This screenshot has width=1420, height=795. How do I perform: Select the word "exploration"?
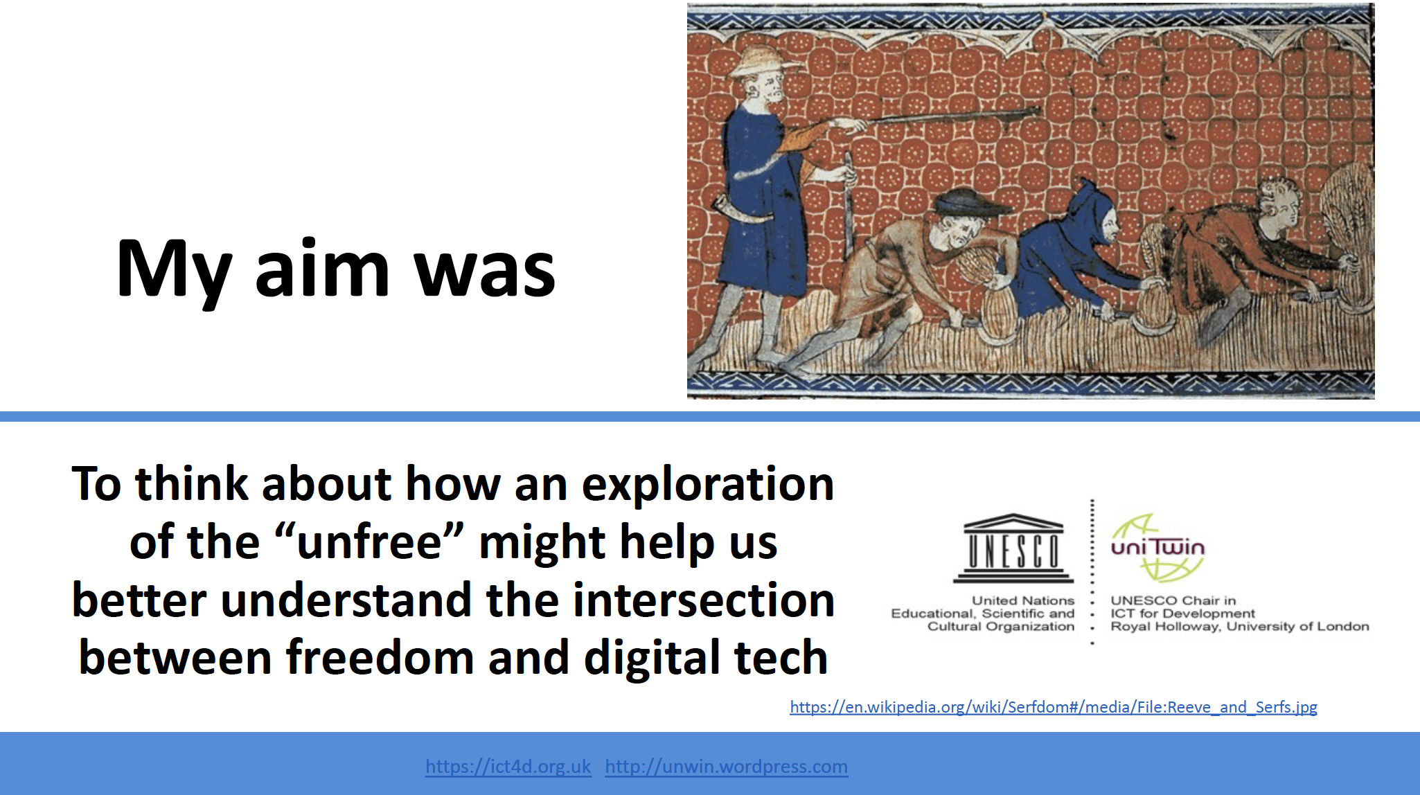click(707, 484)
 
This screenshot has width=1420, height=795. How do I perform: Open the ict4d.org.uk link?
click(508, 767)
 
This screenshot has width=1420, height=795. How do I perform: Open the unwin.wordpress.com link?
click(726, 767)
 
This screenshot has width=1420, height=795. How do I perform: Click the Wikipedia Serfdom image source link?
click(1054, 707)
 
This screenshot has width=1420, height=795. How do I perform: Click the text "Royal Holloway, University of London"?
click(1240, 627)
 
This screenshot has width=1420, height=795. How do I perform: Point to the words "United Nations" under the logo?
click(1023, 600)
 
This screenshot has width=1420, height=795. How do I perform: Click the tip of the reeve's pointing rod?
click(1040, 109)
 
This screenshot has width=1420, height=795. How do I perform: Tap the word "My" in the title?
click(174, 272)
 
